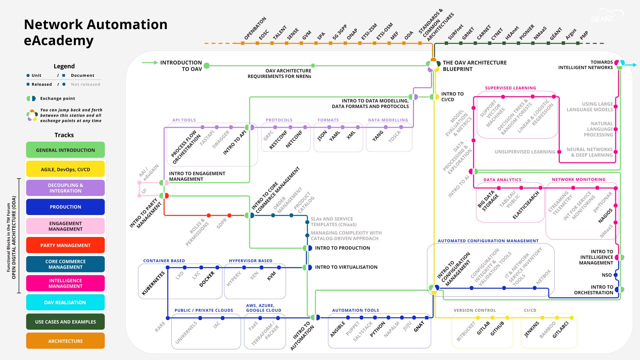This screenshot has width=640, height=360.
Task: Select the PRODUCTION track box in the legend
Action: point(65,207)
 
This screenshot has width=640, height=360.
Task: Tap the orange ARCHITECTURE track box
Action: point(65,341)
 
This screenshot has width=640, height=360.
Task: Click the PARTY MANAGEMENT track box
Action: point(65,245)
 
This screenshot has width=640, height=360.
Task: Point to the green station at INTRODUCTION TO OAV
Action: point(207,66)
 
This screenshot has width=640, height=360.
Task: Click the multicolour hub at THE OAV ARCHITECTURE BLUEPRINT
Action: point(433,65)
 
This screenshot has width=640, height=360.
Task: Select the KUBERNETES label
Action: point(153,283)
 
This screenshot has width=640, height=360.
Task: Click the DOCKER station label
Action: point(207,279)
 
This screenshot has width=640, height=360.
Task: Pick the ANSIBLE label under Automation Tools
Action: point(337,329)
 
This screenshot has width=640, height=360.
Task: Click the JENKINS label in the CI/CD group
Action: point(532,329)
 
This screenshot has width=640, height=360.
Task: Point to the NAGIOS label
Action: point(605,216)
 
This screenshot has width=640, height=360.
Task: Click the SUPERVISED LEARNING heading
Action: point(510,88)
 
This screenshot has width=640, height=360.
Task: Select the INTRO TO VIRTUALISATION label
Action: point(346,267)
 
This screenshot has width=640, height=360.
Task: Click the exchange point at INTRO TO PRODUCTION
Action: point(307,248)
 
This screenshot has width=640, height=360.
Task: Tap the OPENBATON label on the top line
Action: point(255,28)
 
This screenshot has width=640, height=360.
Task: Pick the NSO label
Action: point(607,275)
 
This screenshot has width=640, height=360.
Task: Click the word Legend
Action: point(64,66)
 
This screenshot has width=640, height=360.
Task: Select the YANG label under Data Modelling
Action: point(378,136)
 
